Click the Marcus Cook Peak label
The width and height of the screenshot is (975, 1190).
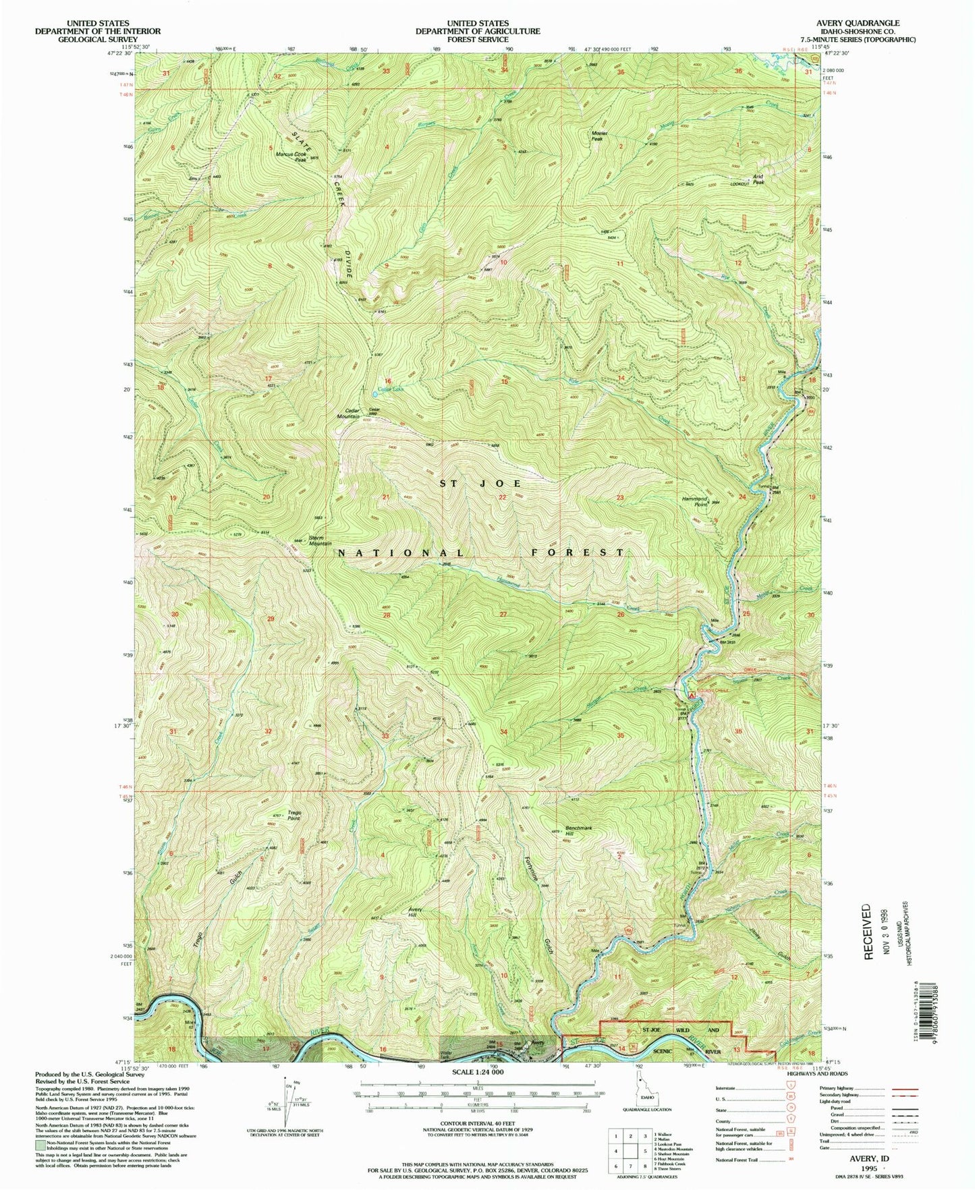[291, 154]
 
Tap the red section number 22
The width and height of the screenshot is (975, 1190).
[502, 497]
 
